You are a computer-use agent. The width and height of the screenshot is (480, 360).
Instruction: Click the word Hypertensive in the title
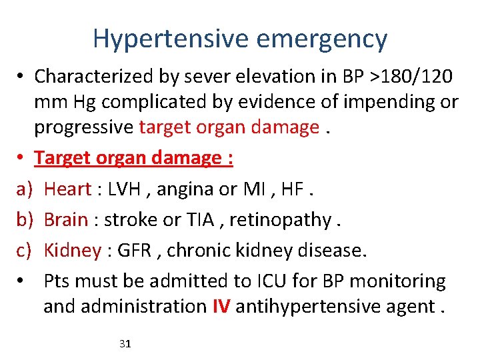pos(172,39)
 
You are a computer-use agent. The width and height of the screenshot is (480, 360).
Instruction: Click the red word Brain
pos(66,220)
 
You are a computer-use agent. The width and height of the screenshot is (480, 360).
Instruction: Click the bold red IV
pos(221,307)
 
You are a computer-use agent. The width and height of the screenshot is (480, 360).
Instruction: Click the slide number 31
pos(125,344)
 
